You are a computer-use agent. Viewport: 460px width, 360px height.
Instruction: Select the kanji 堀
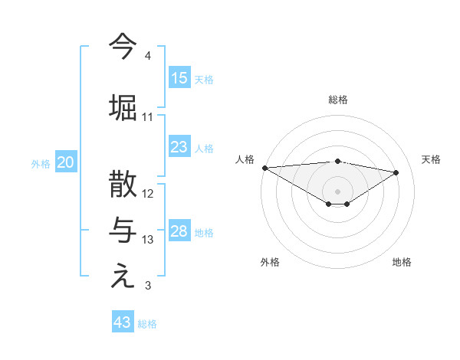click(x=123, y=107)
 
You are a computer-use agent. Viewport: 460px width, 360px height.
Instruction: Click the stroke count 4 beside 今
click(x=147, y=56)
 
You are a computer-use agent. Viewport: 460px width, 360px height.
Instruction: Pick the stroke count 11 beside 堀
click(x=148, y=117)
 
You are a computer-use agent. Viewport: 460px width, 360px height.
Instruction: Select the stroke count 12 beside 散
click(x=148, y=193)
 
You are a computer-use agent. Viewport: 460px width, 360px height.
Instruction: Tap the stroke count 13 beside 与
click(x=148, y=240)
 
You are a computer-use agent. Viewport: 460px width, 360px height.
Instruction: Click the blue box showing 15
click(x=179, y=78)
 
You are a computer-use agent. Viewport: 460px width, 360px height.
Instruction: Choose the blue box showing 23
click(x=179, y=147)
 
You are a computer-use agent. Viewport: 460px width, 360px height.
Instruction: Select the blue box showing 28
click(x=179, y=231)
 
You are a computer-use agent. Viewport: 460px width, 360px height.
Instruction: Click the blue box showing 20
click(x=66, y=162)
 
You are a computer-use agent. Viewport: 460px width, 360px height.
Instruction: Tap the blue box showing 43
click(x=123, y=322)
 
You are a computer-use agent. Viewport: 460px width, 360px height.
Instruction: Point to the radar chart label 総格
click(x=337, y=100)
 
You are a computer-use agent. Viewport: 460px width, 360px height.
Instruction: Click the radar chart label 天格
click(x=431, y=159)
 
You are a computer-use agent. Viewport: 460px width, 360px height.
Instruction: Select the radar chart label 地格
click(x=402, y=262)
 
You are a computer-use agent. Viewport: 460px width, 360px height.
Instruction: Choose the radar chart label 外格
click(x=270, y=262)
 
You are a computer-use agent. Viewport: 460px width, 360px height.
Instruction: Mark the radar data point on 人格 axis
click(x=264, y=168)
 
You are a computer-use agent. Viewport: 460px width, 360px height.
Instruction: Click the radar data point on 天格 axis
click(x=396, y=172)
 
